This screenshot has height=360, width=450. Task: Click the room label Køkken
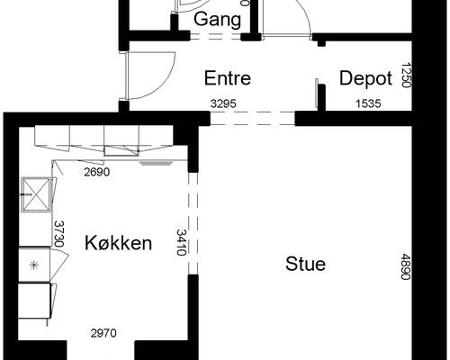point(118,243)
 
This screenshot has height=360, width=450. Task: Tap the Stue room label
point(305,264)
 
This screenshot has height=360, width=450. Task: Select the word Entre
point(228,78)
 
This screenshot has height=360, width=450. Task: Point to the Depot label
point(365,78)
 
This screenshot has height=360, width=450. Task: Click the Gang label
point(217,20)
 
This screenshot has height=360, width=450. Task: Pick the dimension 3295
point(223,103)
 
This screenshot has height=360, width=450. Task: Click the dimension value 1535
point(368,103)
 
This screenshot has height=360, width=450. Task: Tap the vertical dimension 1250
point(406,75)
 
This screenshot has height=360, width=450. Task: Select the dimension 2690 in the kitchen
point(96,172)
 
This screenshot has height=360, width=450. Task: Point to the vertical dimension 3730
point(59,234)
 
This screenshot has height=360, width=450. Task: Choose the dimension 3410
point(181,242)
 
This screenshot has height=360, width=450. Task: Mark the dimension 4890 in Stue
point(406,266)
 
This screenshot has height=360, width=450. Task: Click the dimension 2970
point(103,333)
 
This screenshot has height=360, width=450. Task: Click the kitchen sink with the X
point(36,194)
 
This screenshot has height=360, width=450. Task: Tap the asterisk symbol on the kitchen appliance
point(34,265)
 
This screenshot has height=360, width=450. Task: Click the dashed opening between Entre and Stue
point(253,118)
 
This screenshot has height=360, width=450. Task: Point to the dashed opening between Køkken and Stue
point(193,223)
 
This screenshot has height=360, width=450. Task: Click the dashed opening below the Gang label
point(216,37)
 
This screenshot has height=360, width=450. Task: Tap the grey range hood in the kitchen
point(157,163)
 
